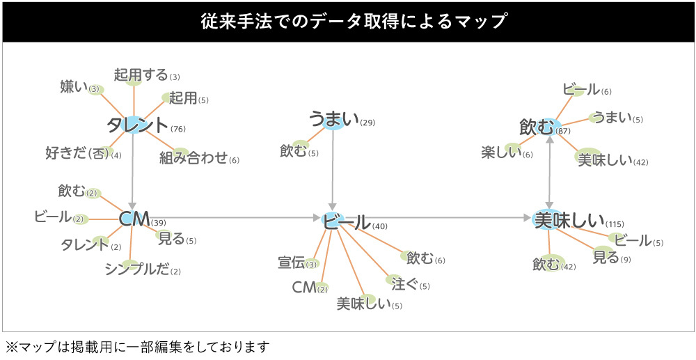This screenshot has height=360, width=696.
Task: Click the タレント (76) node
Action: point(138,125)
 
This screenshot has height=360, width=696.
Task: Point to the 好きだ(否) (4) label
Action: point(78,153)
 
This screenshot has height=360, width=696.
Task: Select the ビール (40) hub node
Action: point(347,222)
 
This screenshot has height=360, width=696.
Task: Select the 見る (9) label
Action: point(606,257)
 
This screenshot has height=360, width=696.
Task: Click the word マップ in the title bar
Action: point(481,22)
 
